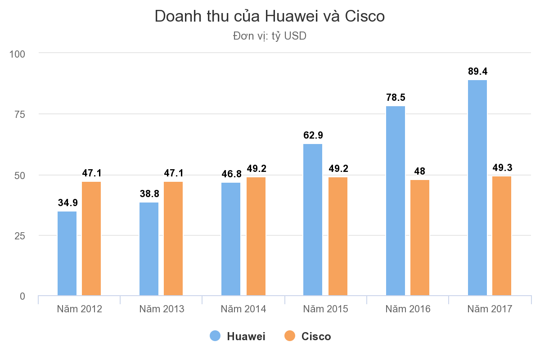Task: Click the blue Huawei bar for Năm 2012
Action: (x=67, y=253)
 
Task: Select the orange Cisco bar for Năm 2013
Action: (x=173, y=238)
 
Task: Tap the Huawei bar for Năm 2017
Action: (x=477, y=188)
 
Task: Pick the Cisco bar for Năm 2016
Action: (x=420, y=238)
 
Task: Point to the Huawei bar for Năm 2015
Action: (x=313, y=220)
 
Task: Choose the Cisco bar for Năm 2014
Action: (x=256, y=236)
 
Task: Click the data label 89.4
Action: (x=477, y=72)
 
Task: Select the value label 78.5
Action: (x=396, y=98)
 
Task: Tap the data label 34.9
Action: (x=67, y=202)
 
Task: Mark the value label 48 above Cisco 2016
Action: (x=420, y=171)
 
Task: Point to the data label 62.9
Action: (x=313, y=135)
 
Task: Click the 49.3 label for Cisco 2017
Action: (x=502, y=168)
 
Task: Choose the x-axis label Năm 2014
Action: (x=243, y=309)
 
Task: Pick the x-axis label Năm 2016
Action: (x=408, y=309)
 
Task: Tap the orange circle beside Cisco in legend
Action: (x=290, y=336)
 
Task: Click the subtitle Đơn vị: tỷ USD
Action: (x=270, y=36)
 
